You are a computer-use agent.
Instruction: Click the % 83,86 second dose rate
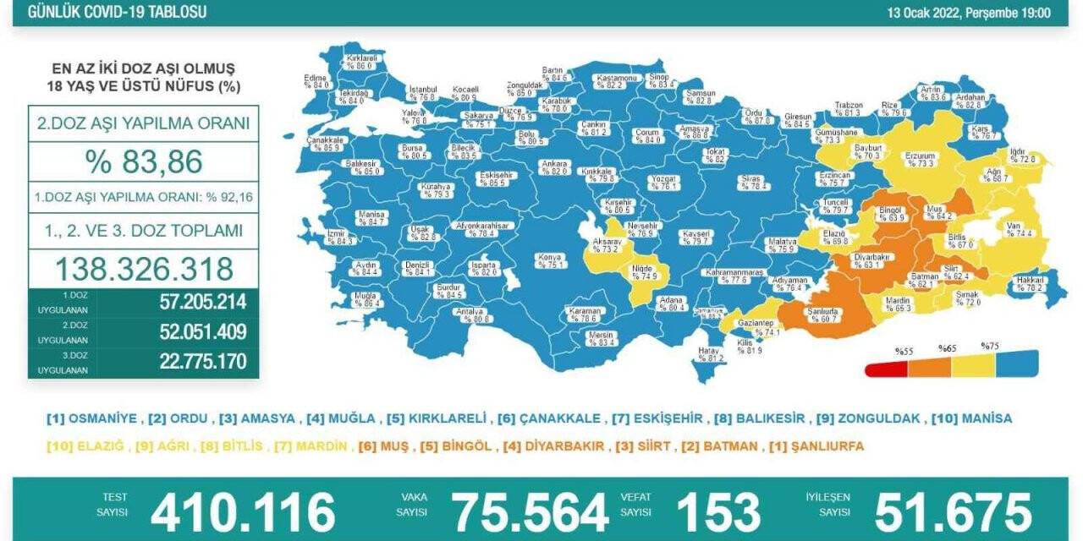[x=144, y=161]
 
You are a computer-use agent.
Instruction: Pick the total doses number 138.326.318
[x=144, y=269]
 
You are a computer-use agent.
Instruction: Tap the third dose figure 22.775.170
[x=202, y=362]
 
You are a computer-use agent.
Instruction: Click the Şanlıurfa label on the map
[x=823, y=312]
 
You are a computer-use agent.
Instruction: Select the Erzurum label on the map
[x=920, y=156]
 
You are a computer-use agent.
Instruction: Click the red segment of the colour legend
[x=886, y=369]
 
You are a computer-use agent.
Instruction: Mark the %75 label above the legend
[x=989, y=347]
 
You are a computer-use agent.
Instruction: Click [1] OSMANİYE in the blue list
[x=93, y=418]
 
